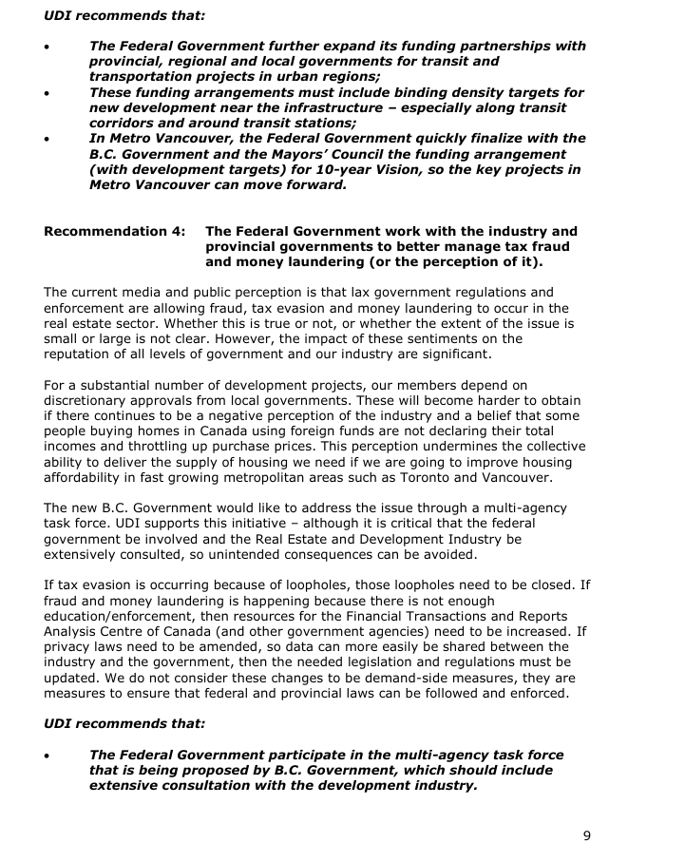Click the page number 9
586,835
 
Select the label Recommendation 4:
115,231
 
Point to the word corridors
124,124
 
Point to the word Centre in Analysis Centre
126,630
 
